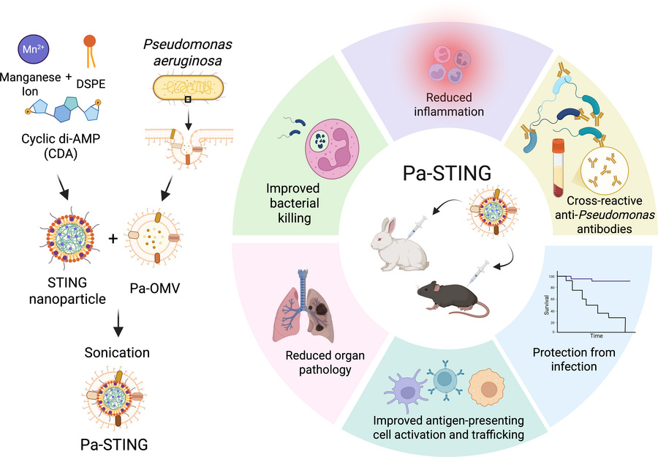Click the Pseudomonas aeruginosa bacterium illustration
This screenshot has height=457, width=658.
coord(189,88)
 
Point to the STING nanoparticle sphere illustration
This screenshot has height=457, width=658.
coord(65,238)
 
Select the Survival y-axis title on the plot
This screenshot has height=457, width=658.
coord(547,303)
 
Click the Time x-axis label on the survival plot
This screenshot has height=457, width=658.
coord(597,336)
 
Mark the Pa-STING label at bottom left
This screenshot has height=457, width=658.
coord(113,443)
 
